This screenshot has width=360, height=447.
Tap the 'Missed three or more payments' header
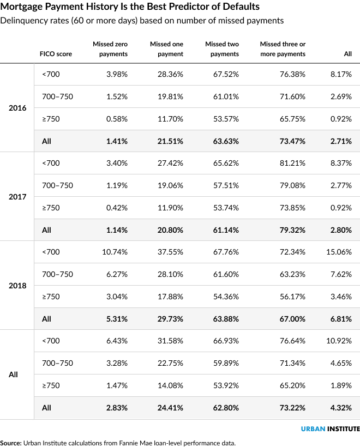pos(283,49)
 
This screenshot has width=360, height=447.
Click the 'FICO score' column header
pos(56,54)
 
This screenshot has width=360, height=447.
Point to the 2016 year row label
pos(17,107)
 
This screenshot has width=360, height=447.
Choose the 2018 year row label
pos(17,285)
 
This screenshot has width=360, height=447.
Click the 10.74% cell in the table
pos(116,252)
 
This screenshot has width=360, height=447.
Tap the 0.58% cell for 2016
pos(117,119)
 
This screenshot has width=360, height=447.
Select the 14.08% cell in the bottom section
pos(171,385)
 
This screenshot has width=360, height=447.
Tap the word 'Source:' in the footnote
pos(11,443)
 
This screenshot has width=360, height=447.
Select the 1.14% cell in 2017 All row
pos(116,230)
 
